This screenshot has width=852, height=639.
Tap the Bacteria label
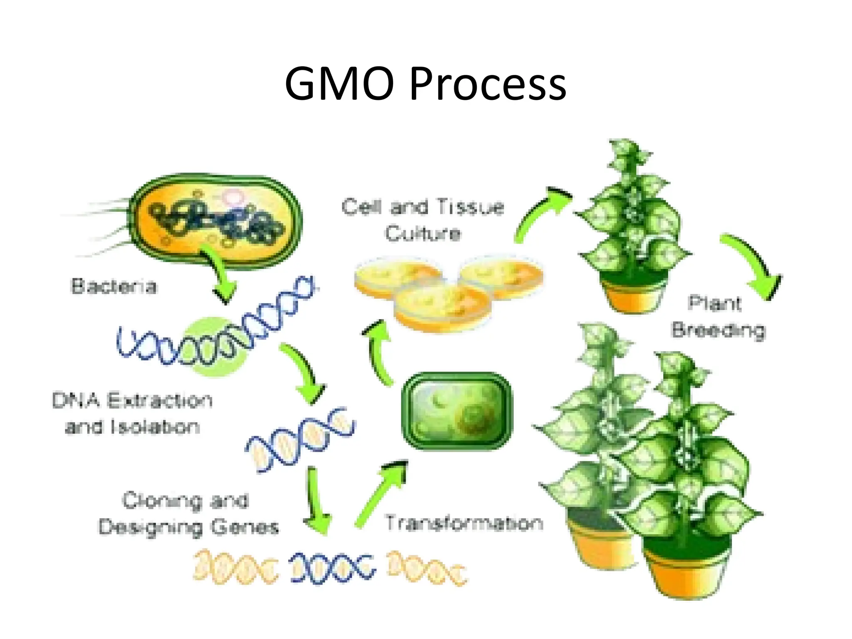point(114,287)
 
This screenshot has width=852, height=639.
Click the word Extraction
point(160,401)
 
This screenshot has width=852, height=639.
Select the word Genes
point(244,528)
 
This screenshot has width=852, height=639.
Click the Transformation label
point(464,523)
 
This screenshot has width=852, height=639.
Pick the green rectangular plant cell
point(456,411)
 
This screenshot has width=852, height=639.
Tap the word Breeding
point(718,331)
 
